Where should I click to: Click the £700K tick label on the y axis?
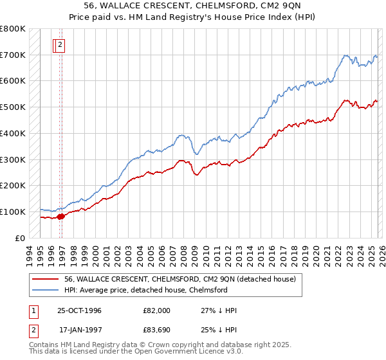pyautogui.click(x=13, y=55)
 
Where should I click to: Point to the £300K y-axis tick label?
pyautogui.click(x=13, y=159)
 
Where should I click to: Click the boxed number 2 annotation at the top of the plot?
pyautogui.click(x=60, y=45)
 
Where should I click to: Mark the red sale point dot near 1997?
pyautogui.click(x=61, y=216)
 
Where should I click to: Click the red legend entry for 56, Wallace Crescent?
pyautogui.click(x=179, y=279)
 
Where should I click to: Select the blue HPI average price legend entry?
pyautogui.click(x=145, y=290)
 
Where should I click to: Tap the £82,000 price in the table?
pyautogui.click(x=157, y=310)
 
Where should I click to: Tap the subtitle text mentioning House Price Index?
pyautogui.click(x=192, y=18)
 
